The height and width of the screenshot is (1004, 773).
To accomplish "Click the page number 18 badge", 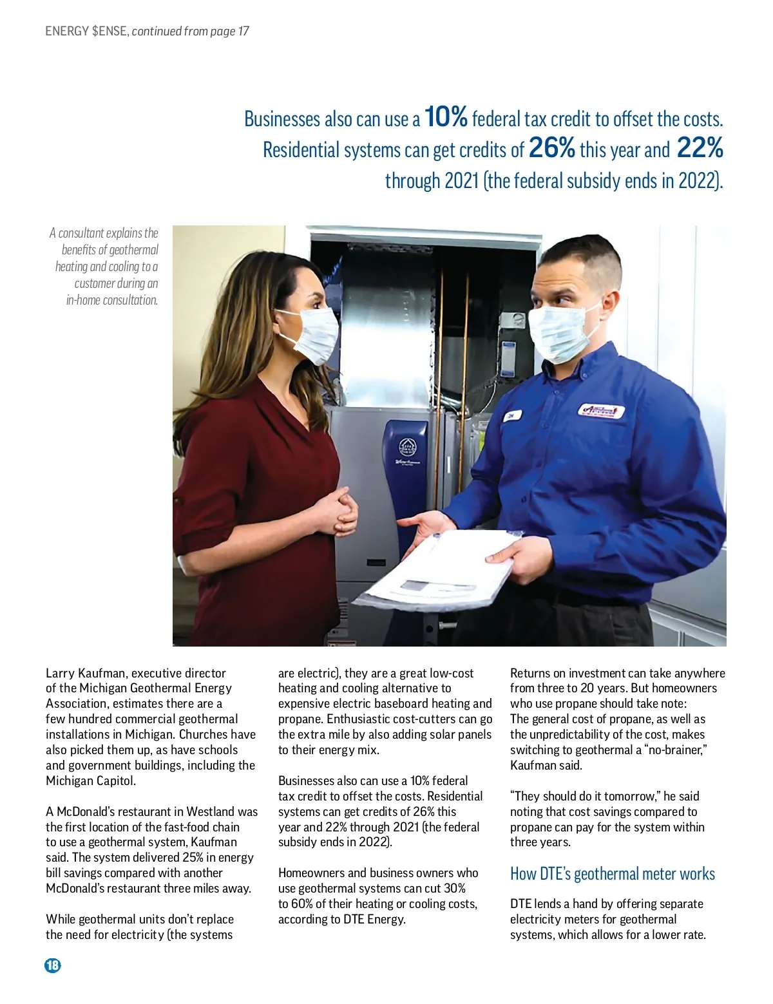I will coord(52,965).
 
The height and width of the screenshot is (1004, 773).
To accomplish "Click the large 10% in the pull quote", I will coord(446,117).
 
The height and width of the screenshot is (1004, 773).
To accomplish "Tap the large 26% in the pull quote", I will coord(551,148).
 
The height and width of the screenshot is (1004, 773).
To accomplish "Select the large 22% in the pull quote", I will coord(700,148).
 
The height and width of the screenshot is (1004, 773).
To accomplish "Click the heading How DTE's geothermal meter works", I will coord(612,874).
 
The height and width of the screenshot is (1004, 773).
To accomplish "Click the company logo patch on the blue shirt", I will coord(602,410).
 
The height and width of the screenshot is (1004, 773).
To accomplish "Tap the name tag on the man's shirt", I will coord(511,417).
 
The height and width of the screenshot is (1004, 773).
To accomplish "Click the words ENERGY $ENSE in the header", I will coord(86,31).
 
